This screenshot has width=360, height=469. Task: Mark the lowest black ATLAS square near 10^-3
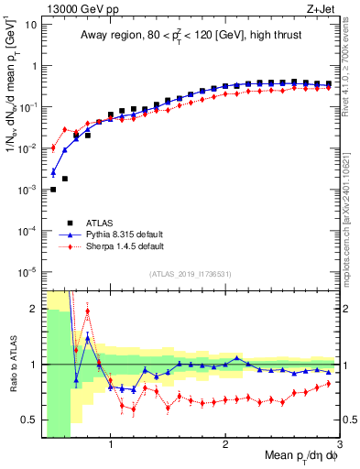pos(53,190)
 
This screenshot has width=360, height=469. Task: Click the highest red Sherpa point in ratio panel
pos(88,311)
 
